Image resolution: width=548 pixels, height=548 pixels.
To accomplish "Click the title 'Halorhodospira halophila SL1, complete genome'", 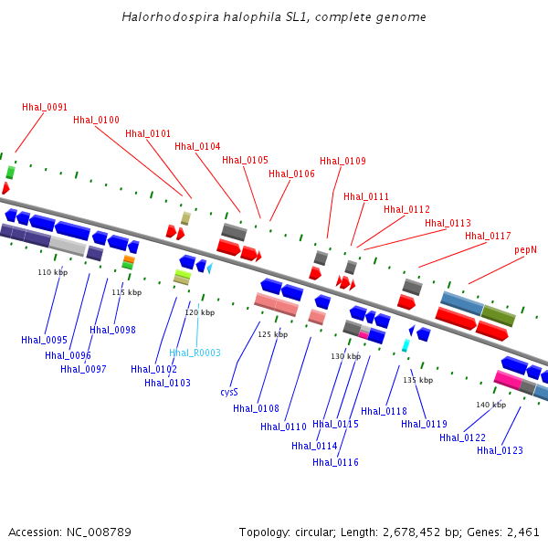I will pyautogui.click(x=273, y=17).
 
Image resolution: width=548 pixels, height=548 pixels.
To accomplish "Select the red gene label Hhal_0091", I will pyautogui.click(x=45, y=107).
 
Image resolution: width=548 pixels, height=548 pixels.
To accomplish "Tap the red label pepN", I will pyautogui.click(x=525, y=249).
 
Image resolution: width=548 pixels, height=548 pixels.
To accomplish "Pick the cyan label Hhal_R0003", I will pyautogui.click(x=195, y=353).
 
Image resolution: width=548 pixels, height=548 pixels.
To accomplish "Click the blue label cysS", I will pyautogui.click(x=228, y=392).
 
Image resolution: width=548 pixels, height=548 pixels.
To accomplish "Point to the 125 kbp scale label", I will pyautogui.click(x=272, y=334).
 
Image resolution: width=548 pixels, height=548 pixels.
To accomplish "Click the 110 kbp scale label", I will pyautogui.click(x=52, y=272).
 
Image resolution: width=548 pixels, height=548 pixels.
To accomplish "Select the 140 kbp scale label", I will pyautogui.click(x=490, y=405).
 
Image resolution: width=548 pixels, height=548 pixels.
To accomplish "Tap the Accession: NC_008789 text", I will pyautogui.click(x=69, y=532).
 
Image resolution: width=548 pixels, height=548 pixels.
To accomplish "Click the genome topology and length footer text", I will pyautogui.click(x=389, y=532).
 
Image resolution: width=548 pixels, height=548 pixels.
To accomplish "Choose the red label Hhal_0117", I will pyautogui.click(x=488, y=236).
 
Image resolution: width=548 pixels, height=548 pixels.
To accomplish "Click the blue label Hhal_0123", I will pyautogui.click(x=500, y=450).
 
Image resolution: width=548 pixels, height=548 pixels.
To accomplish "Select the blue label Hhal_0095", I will pyautogui.click(x=45, y=340).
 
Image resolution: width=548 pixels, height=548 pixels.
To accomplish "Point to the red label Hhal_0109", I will pyautogui.click(x=342, y=161).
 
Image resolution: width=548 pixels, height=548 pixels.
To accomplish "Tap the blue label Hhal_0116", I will pyautogui.click(x=335, y=462).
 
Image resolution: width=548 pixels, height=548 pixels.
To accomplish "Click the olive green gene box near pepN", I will pyautogui.click(x=498, y=315).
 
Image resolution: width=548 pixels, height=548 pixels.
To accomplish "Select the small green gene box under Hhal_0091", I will pyautogui.click(x=10, y=172).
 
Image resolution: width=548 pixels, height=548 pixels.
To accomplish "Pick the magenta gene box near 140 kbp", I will pyautogui.click(x=507, y=379).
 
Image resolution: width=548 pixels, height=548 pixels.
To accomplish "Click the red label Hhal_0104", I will pyautogui.click(x=197, y=146).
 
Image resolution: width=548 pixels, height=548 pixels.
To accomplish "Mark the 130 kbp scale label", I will pyautogui.click(x=345, y=356).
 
